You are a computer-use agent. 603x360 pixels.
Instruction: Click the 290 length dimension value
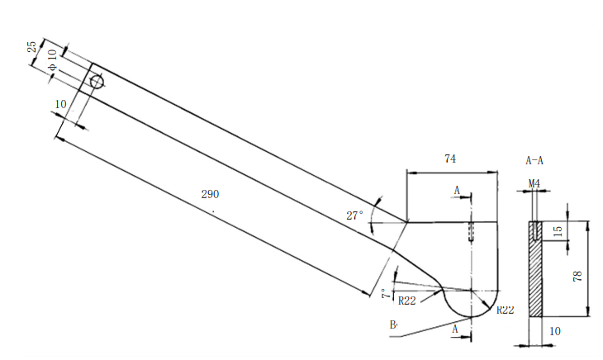(x=210, y=195)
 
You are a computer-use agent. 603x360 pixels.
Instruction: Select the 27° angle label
(x=354, y=216)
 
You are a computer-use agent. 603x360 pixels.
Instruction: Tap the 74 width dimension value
(x=450, y=158)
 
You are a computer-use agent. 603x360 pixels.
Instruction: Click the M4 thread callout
(x=534, y=182)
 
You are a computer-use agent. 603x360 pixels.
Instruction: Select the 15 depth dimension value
(x=558, y=230)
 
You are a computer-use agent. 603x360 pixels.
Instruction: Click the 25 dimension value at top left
(x=32, y=46)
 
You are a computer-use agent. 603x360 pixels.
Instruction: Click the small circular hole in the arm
(x=97, y=82)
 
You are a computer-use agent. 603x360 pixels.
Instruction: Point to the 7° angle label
(x=385, y=294)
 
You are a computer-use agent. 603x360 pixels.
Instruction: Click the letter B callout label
(x=393, y=324)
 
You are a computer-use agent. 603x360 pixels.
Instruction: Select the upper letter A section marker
(x=456, y=191)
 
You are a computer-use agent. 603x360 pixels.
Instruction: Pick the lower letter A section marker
(x=455, y=329)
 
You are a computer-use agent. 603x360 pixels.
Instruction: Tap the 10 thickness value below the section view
(x=555, y=331)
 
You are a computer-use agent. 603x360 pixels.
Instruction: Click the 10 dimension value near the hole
(x=60, y=104)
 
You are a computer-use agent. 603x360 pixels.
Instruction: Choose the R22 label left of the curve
(x=407, y=301)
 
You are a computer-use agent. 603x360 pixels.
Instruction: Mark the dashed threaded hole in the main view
(x=471, y=230)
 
